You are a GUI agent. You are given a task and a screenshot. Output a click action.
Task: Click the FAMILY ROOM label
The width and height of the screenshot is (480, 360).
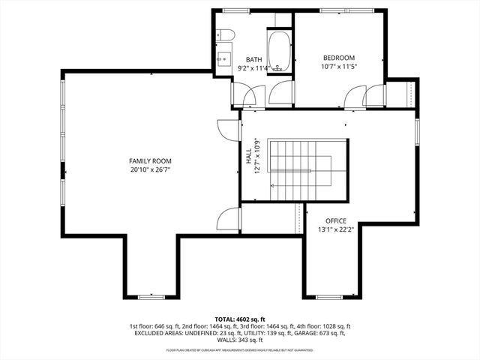point(150,160)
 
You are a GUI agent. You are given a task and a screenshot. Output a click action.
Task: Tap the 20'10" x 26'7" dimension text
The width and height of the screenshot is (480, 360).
point(150,169)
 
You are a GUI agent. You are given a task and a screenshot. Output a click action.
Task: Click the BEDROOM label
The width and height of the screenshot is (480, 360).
point(339,58)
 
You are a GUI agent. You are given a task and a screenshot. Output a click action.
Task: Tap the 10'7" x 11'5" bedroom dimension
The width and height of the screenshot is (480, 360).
point(339,66)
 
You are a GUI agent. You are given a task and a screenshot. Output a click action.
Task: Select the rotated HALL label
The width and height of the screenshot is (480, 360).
point(248,156)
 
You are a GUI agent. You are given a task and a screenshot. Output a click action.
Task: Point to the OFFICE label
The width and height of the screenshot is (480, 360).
point(335,220)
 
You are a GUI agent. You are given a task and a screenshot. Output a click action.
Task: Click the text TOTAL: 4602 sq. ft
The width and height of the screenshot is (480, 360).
point(239,319)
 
